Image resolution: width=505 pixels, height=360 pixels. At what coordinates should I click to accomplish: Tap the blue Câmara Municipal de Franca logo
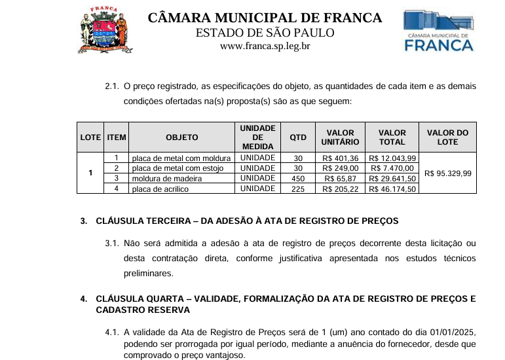438,30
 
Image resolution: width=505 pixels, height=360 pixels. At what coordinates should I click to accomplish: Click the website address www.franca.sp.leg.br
265,46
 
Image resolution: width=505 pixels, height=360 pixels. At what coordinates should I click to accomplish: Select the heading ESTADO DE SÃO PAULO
265,33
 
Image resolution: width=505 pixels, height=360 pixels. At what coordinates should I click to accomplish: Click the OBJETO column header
182,137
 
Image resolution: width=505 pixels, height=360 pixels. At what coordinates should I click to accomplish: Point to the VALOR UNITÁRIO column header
341,137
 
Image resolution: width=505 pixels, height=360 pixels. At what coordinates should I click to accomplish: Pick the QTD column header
298,137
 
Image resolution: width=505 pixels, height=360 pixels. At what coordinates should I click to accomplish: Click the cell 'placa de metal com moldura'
181,158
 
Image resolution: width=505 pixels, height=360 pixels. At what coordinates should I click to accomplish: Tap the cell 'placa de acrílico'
160,189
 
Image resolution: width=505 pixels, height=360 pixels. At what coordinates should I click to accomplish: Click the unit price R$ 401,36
341,158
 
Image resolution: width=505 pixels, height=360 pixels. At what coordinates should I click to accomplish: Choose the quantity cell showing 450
298,179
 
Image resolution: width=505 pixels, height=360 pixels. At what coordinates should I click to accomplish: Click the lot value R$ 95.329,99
447,173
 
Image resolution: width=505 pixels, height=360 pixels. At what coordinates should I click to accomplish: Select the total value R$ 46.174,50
392,189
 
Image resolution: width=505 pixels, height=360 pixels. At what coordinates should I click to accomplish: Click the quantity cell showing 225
298,189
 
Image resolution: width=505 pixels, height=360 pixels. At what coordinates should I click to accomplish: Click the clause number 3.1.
112,243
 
